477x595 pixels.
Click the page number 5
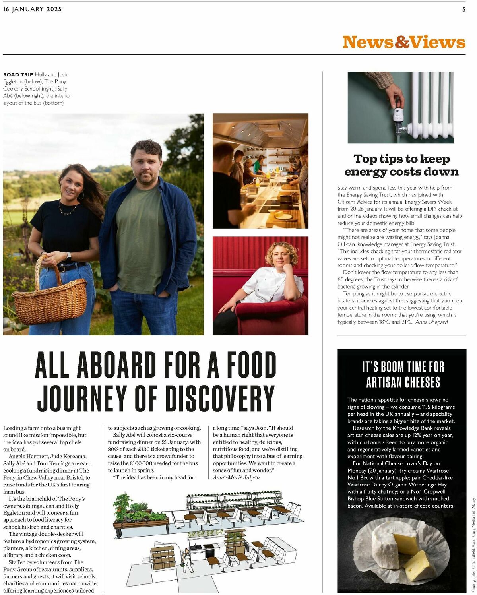pos(463,9)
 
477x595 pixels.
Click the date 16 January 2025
pos(32,9)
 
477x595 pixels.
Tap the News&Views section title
pos(403,42)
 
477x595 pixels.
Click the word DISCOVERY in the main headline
pos(220,398)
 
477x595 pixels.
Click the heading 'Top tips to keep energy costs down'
pos(401,165)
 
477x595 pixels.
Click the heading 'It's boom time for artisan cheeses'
pos(403,374)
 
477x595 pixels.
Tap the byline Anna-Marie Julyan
pos(236,477)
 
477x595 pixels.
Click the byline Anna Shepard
pos(431,322)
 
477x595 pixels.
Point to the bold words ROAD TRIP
pos(18,74)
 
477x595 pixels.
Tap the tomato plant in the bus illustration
pos(123,504)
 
